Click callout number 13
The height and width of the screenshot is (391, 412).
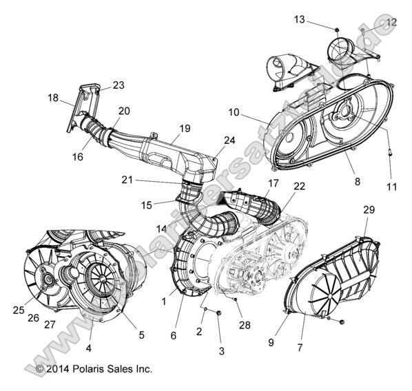[298, 19]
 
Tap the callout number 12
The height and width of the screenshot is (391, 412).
[391, 22]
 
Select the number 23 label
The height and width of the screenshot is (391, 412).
[119, 85]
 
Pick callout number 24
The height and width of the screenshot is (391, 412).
[229, 140]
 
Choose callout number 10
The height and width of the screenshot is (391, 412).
[234, 112]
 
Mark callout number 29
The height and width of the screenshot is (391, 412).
[369, 209]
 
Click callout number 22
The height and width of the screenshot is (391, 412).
[299, 187]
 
